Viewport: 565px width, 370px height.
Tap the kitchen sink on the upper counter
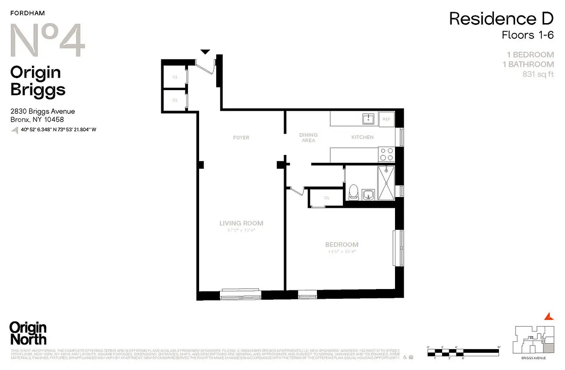pos(368,119)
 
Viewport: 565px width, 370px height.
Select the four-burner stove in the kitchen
pos(386,153)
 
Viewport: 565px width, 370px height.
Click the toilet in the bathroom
pos(353,191)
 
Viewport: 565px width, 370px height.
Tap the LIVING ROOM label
pos(241,223)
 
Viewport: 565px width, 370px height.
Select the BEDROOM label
pos(341,245)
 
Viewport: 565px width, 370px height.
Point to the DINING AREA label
pos(309,137)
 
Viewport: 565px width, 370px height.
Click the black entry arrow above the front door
pos(205,52)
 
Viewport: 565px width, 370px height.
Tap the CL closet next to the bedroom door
pos(327,198)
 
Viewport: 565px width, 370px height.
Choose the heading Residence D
pos(501,19)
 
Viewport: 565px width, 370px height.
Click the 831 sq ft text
pos(538,74)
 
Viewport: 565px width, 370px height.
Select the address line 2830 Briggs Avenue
pos(43,111)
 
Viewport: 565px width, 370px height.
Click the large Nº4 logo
pos(48,42)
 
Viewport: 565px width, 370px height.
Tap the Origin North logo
pos(28,333)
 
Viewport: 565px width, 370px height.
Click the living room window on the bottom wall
pos(240,295)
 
